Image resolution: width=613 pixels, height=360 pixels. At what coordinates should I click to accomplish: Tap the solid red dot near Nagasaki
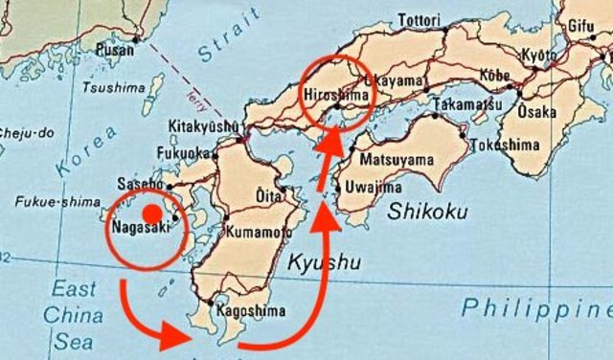click(x=149, y=214)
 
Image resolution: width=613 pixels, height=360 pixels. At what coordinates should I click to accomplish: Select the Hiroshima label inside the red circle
click(x=334, y=97)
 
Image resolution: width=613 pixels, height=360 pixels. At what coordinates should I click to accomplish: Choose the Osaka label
click(x=536, y=112)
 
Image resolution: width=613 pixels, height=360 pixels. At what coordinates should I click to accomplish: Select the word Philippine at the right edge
click(x=536, y=308)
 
